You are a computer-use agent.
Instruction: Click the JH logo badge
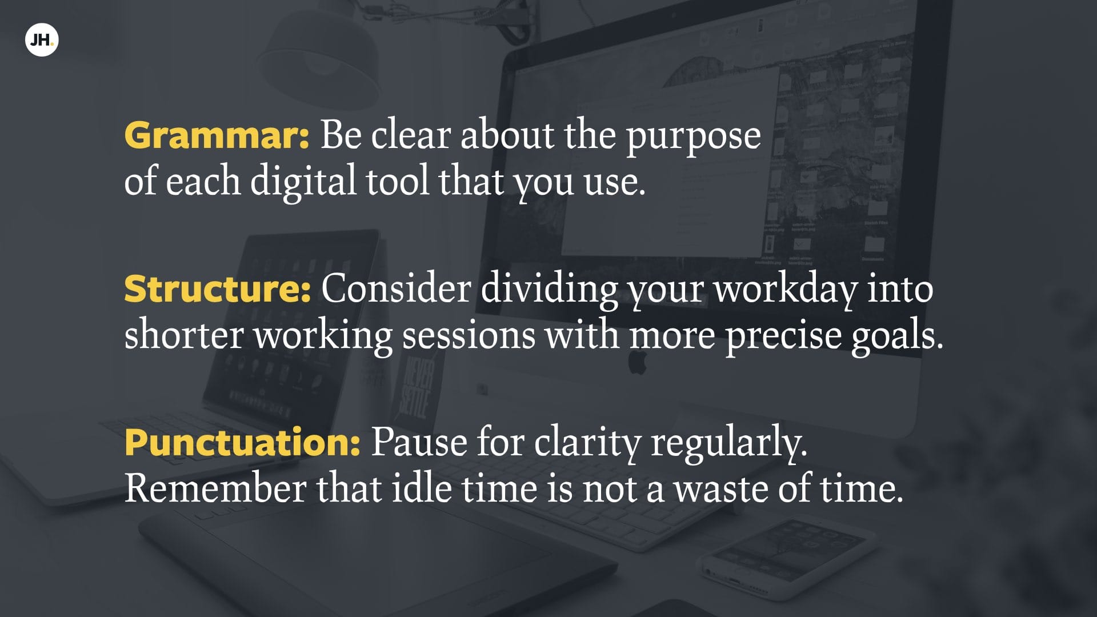pyautogui.click(x=42, y=40)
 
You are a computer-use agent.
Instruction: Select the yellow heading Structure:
pyautogui.click(x=218, y=289)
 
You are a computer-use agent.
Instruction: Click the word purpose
pyautogui.click(x=694, y=138)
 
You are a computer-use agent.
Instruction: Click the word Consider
pyautogui.click(x=396, y=289)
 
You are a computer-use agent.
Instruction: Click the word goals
pyautogui.click(x=897, y=336)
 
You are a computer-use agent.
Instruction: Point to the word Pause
pyautogui.click(x=419, y=443)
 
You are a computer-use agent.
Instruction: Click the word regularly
pyautogui.click(x=729, y=444)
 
